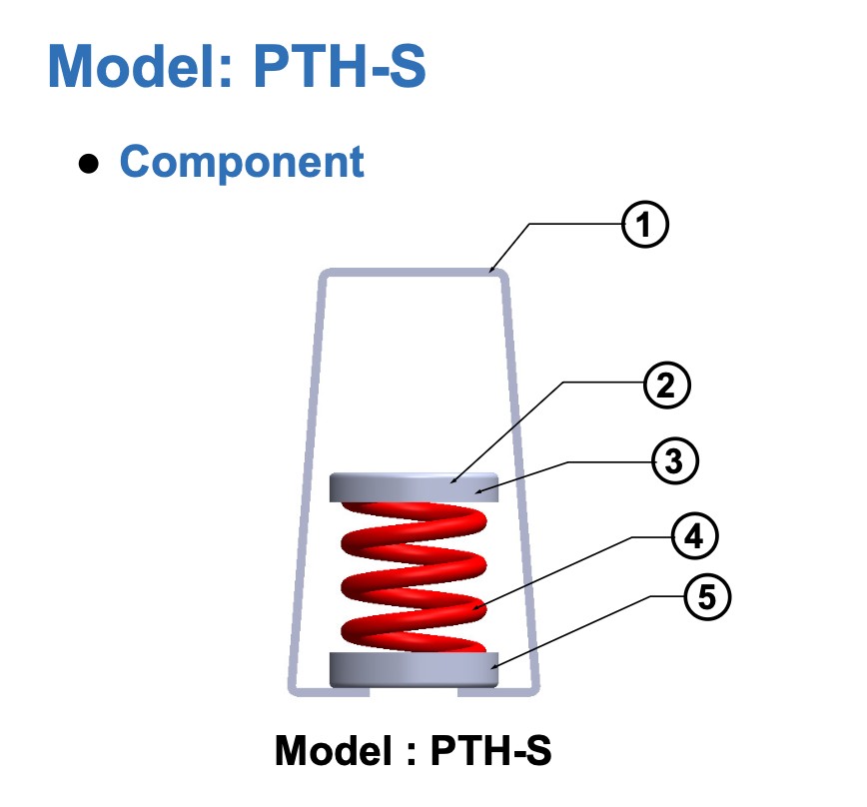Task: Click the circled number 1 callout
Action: [644, 225]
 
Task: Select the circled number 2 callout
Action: [667, 386]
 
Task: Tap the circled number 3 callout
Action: [674, 461]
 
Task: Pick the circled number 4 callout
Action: [694, 536]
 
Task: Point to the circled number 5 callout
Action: [707, 597]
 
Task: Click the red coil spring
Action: [414, 577]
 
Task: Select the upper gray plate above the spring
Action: [414, 487]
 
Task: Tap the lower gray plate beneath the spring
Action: [414, 670]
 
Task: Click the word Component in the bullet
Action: [242, 162]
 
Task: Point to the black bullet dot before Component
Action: [89, 164]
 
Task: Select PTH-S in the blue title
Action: [340, 66]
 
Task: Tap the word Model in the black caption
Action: [334, 750]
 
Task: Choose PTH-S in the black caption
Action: [491, 750]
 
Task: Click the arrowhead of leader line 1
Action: [491, 271]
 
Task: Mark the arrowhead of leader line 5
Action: [493, 667]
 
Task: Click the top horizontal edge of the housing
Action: [414, 273]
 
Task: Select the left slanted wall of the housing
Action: [306, 480]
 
